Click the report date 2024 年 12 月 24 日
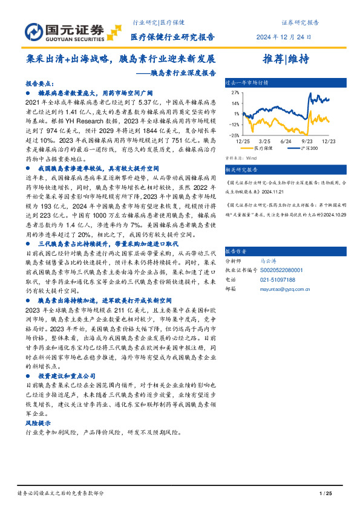pyautogui.click(x=286, y=37)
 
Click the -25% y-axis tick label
pyautogui.click(x=234, y=135)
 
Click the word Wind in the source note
pyautogui.click(x=250, y=158)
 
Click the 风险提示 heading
pyautogui.click(x=38, y=423)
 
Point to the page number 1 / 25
pyautogui.click(x=325, y=494)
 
